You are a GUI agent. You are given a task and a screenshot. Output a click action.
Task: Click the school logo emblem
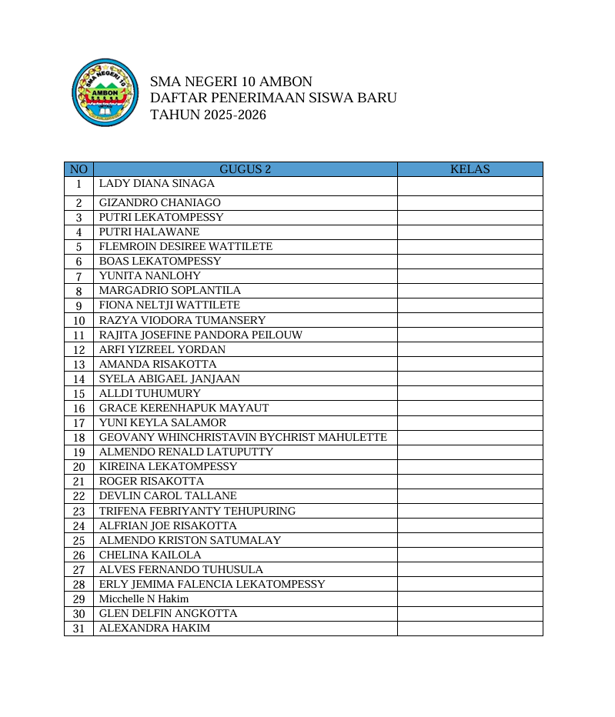[104, 94]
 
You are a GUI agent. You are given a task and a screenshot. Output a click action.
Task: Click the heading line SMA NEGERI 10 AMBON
[231, 82]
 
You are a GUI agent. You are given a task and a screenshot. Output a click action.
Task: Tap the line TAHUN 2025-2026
[208, 115]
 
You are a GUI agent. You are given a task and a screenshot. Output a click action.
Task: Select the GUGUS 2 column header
[245, 169]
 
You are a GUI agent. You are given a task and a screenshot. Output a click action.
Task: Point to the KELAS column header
[470, 169]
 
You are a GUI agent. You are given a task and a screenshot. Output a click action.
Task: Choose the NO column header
[79, 169]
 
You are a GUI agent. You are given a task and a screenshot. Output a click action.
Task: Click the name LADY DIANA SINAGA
[157, 184]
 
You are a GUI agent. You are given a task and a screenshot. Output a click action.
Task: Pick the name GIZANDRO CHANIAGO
[160, 203]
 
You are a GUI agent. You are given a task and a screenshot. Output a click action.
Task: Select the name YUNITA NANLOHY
[150, 276]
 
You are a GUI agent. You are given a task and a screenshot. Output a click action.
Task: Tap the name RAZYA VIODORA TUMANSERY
[182, 320]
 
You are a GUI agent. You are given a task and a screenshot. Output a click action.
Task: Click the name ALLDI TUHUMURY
[150, 393]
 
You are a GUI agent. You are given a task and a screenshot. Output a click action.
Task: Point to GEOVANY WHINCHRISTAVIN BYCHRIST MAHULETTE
[243, 437]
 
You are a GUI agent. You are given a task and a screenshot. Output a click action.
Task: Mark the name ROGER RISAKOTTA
[152, 482]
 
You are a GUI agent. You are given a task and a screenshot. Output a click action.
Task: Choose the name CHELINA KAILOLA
[150, 555]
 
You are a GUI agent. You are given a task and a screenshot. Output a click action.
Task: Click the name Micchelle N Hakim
[133, 599]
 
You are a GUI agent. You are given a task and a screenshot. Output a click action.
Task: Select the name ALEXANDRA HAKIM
[155, 628]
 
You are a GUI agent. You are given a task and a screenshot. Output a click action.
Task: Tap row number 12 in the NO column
[79, 350]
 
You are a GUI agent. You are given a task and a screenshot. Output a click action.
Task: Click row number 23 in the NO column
[79, 512]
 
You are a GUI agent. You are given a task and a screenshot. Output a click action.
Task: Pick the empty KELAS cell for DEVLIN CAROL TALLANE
[470, 496]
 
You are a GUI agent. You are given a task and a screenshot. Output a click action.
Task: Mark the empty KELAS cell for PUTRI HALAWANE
[470, 232]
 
